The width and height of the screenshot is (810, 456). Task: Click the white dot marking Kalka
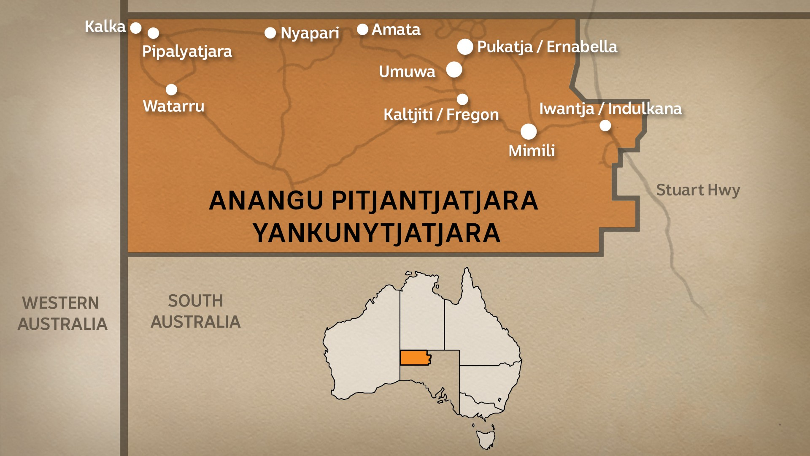point(135,28)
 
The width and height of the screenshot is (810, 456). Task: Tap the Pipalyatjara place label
point(187,52)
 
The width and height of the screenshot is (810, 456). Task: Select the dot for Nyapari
point(270,33)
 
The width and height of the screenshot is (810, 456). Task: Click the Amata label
point(396,30)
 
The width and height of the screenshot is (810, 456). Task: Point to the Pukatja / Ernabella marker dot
point(465,47)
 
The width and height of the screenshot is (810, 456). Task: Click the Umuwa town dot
point(454,70)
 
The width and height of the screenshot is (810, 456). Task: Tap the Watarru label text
point(173,106)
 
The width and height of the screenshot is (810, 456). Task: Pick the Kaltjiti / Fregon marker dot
point(462,99)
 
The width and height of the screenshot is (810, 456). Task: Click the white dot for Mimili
point(528,132)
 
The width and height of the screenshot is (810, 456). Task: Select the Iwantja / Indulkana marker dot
point(605,125)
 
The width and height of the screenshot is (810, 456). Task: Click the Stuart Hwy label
point(698,190)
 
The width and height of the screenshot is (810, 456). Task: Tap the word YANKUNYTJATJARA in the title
point(376,233)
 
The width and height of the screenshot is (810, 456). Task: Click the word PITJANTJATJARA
point(435,201)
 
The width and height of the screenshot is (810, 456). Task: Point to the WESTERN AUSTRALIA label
point(62,313)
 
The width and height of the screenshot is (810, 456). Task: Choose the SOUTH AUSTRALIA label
point(196,311)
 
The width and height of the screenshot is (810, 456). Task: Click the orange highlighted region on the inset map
point(415,358)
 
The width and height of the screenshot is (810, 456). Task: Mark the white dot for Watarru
point(171,90)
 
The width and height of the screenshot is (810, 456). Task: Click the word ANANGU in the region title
point(266,201)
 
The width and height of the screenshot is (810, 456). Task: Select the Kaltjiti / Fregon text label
point(441,114)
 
